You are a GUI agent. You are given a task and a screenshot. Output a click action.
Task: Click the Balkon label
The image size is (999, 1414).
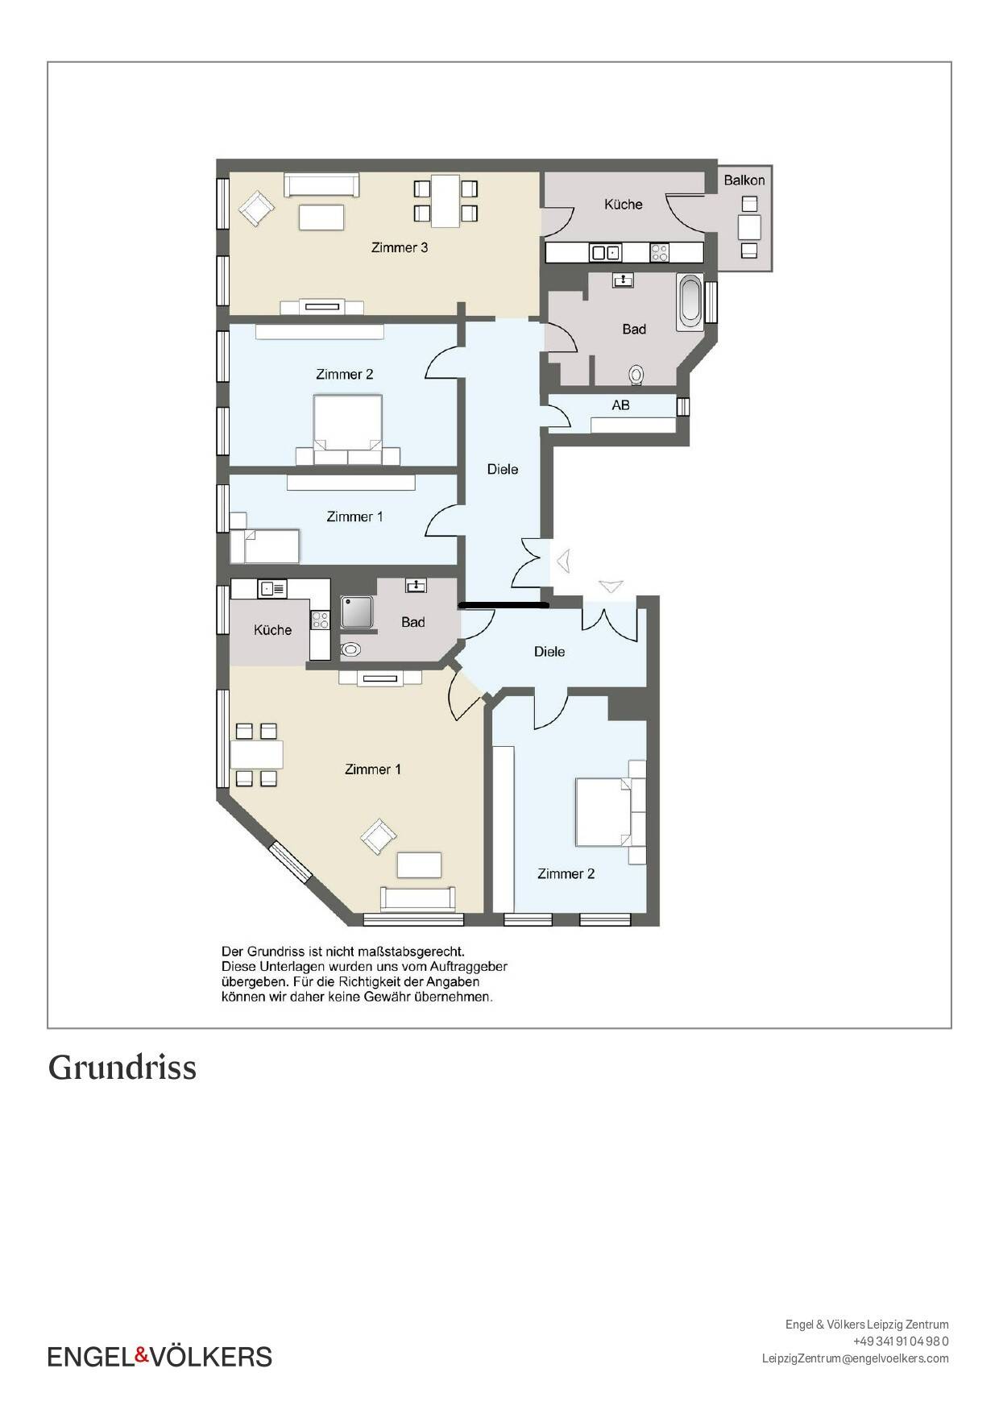[x=744, y=180]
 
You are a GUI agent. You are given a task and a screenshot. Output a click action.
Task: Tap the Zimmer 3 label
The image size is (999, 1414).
[x=399, y=247]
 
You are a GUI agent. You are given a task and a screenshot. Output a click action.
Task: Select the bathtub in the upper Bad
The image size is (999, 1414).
[x=690, y=302]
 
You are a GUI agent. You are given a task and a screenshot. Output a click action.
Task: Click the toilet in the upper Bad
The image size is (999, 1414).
[x=636, y=375]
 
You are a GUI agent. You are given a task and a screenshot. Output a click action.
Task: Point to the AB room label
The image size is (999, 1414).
[x=620, y=405]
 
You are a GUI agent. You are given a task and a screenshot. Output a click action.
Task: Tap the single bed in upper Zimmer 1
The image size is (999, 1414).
[x=264, y=545]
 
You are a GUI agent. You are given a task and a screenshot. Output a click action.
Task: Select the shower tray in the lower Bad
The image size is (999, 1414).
[x=356, y=612]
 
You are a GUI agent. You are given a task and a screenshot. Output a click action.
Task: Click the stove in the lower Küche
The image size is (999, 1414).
[x=320, y=620]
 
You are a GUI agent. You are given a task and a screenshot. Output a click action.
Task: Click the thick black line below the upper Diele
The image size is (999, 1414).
[x=504, y=604]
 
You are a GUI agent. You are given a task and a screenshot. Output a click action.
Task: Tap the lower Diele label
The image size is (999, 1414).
[x=549, y=651]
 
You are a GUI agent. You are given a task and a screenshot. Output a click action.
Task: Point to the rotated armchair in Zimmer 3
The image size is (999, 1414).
[x=256, y=209]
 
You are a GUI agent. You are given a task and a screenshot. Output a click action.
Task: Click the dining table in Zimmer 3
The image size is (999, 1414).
[x=446, y=201]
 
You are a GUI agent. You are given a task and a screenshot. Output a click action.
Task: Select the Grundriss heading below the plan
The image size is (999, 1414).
[x=122, y=1068]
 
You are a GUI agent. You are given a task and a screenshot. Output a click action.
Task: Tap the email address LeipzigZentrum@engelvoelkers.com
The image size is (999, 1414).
[x=856, y=1358]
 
